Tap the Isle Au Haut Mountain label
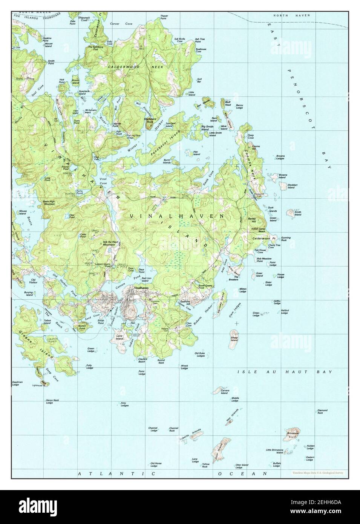[109, 243]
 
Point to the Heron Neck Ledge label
[49, 401]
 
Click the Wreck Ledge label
[184, 366]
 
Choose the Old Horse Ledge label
[156, 464]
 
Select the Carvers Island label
[225, 392]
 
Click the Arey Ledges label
[124, 404]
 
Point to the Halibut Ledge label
[284, 311]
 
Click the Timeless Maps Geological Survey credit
[317, 473]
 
